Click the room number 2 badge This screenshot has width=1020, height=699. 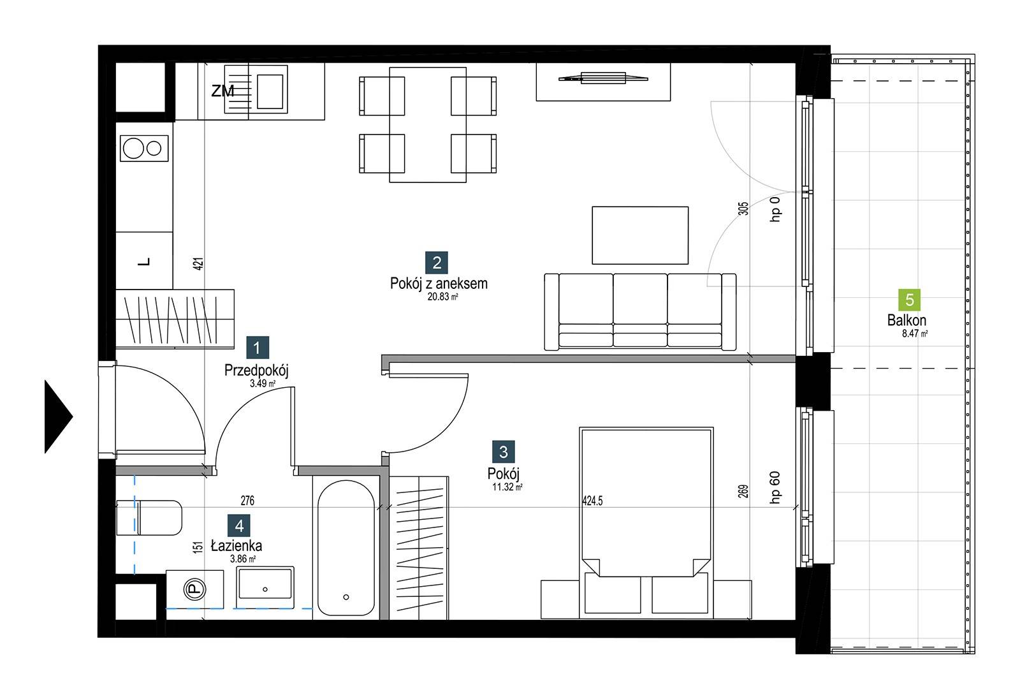[436, 263]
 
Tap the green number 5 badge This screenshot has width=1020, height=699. [909, 300]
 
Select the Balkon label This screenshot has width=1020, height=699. [907, 320]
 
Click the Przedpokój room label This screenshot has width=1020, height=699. [256, 371]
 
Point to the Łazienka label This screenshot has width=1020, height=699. [237, 545]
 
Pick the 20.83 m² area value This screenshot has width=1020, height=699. [442, 297]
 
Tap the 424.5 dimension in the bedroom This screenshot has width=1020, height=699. [592, 501]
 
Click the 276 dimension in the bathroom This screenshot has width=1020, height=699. [247, 501]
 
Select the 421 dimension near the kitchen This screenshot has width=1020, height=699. [198, 264]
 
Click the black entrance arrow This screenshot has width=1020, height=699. [58, 416]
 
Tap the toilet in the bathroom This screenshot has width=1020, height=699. [149, 518]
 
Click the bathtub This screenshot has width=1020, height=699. [346, 548]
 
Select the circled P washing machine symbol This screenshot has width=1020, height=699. [194, 589]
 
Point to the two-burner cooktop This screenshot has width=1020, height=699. [144, 148]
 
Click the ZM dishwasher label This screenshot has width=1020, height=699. [222, 91]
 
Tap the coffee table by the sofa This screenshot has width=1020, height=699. [640, 235]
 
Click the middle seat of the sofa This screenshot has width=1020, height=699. [640, 311]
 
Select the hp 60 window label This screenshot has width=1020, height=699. [775, 487]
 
